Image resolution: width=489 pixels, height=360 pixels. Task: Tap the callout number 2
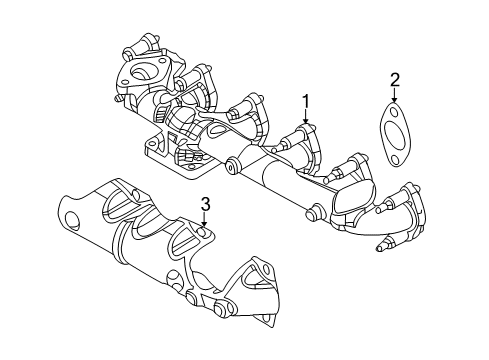click(x=395, y=79)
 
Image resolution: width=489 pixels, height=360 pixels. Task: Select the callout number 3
click(x=204, y=204)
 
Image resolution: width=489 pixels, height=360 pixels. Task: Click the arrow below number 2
click(x=395, y=98)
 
